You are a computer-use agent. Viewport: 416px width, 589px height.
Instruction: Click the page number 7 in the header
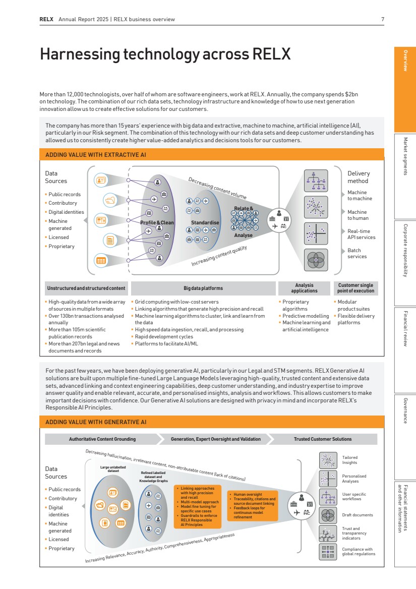coord(383,20)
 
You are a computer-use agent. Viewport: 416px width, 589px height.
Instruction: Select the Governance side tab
coord(405,411)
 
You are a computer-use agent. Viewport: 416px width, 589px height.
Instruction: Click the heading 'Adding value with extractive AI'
coord(96,155)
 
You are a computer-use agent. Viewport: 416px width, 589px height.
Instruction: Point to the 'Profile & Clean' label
coord(157,222)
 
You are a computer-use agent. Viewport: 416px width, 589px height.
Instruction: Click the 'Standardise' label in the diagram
coord(205,222)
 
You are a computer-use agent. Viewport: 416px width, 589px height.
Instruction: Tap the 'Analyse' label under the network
coord(244,235)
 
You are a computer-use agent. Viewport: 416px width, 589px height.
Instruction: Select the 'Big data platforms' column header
coord(203,288)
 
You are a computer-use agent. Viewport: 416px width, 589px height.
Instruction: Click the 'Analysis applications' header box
coord(305,288)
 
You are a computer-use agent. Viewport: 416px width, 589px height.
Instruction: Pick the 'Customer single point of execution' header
coord(356,288)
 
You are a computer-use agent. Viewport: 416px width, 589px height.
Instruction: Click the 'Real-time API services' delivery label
coord(361,234)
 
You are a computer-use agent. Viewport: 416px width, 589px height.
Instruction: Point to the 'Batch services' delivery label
coord(357,253)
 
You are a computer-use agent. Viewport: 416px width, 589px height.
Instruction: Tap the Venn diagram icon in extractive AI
coord(316,259)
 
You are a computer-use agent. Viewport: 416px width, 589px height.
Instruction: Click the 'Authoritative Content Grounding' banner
coord(102,439)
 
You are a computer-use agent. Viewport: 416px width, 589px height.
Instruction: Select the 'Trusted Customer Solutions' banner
coord(323,439)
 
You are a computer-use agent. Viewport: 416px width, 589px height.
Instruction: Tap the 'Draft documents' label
coord(358,515)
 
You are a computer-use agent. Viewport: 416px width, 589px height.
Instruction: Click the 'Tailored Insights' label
coord(350,460)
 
